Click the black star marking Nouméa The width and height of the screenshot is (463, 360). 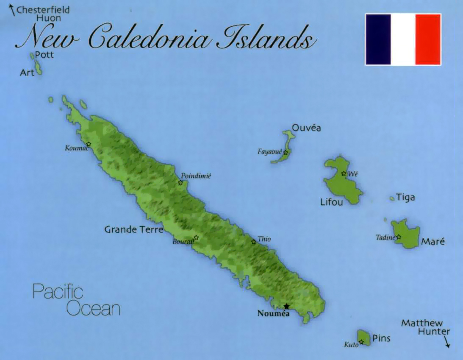click(286, 306)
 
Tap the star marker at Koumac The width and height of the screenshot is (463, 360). click(89, 144)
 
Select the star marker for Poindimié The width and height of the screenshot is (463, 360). click(180, 183)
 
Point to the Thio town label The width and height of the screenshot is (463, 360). click(264, 239)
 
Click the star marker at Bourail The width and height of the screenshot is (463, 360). click(196, 237)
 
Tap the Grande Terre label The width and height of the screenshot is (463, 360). click(133, 230)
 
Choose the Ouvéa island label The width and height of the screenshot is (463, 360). click(306, 128)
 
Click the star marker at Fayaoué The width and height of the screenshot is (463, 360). click(286, 153)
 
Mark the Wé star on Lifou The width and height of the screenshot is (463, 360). click(344, 173)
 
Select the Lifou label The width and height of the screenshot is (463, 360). click(332, 203)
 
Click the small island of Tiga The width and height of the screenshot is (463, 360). click(392, 198)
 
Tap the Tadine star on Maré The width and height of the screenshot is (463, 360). click(398, 237)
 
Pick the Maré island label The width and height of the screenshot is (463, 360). click(433, 242)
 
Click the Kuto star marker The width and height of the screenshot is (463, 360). click(361, 342)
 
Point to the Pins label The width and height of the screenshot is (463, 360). click(381, 338)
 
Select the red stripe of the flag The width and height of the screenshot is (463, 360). click(428, 39)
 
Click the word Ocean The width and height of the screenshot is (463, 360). click(94, 308)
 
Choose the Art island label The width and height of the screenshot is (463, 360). click(27, 73)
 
